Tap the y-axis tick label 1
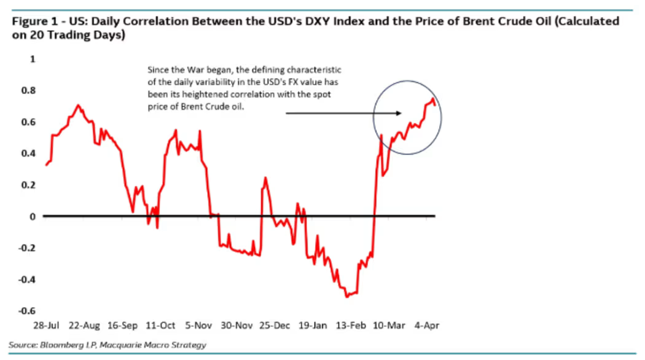tap(33, 59)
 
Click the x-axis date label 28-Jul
tap(45, 325)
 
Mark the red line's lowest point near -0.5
tap(346, 297)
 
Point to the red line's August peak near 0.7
tap(77, 105)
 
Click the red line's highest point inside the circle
tap(433, 99)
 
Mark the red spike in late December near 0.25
tap(265, 178)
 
